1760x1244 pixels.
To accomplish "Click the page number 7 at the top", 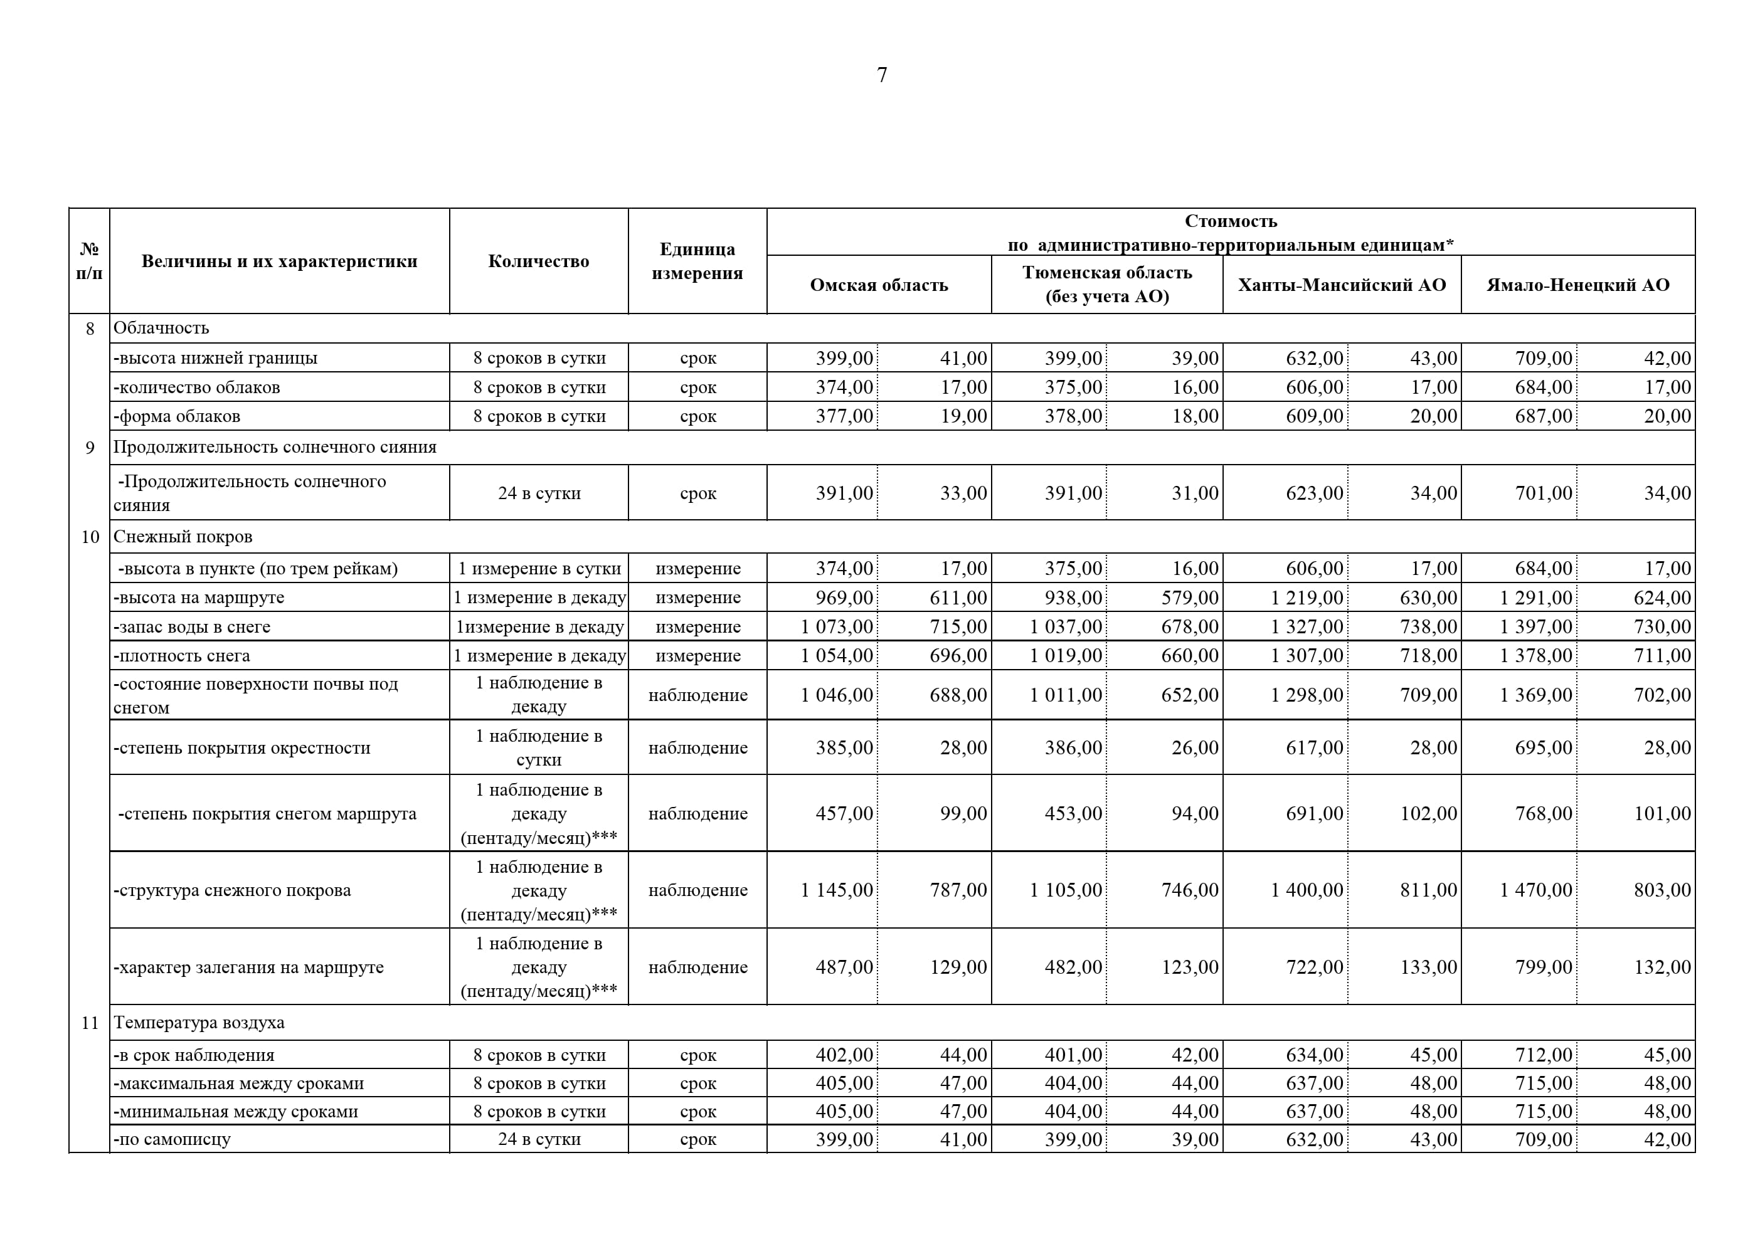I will tap(881, 75).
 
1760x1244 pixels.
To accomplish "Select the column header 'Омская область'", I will tap(879, 285).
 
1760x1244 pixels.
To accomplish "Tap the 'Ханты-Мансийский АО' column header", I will tap(1342, 285).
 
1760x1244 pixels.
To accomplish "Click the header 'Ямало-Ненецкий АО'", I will tap(1577, 285).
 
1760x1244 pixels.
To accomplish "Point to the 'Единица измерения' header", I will tap(697, 261).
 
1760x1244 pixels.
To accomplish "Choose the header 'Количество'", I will tap(538, 261).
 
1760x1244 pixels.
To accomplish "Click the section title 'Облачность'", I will tap(161, 328).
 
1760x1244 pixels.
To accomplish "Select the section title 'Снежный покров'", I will tap(183, 537).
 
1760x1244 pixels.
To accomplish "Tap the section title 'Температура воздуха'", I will tap(199, 1023).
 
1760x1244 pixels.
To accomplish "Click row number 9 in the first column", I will tap(90, 448).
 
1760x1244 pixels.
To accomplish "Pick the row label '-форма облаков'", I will tap(177, 416).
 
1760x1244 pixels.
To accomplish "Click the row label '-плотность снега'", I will tap(182, 656).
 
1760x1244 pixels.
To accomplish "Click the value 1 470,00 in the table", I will tap(1535, 890).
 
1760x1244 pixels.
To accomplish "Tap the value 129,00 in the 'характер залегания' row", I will tap(958, 967).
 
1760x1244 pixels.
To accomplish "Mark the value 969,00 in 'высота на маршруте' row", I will tap(844, 597).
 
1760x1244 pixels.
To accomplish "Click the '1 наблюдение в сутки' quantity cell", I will tap(538, 747).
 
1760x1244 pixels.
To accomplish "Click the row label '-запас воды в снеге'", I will tap(192, 627).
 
